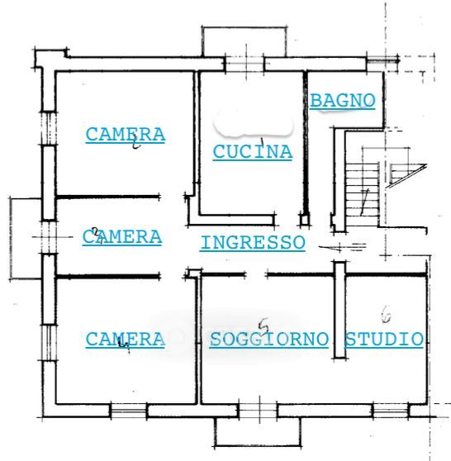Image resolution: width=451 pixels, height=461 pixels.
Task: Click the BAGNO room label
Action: [343, 101]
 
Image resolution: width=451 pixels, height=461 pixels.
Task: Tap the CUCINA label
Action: [253, 152]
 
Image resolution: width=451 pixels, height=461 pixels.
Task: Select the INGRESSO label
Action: [253, 243]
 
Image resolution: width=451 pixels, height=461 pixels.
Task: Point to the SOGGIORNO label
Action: [268, 339]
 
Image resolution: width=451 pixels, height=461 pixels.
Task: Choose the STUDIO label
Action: [383, 339]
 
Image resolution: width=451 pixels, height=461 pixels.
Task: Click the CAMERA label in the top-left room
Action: [126, 135]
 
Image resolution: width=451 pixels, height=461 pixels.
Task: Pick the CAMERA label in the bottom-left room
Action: [126, 340]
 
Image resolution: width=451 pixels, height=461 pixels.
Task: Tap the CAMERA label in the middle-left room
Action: [122, 237]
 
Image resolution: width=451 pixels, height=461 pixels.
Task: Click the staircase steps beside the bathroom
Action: [362, 195]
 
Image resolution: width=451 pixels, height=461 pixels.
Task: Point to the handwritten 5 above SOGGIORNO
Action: [263, 326]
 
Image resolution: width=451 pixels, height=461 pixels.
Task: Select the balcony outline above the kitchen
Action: [244, 27]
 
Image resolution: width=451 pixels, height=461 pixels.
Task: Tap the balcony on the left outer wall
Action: [11, 238]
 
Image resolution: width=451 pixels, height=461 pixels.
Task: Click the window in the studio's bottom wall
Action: [391, 411]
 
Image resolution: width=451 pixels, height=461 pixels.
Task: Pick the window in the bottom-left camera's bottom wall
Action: [129, 411]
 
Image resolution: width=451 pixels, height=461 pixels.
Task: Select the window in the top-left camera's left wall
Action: [49, 129]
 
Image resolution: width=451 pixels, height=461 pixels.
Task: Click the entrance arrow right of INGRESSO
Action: [343, 247]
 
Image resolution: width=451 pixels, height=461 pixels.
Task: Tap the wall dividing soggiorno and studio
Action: [339, 311]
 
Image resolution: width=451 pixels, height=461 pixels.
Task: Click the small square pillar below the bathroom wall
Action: [305, 220]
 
